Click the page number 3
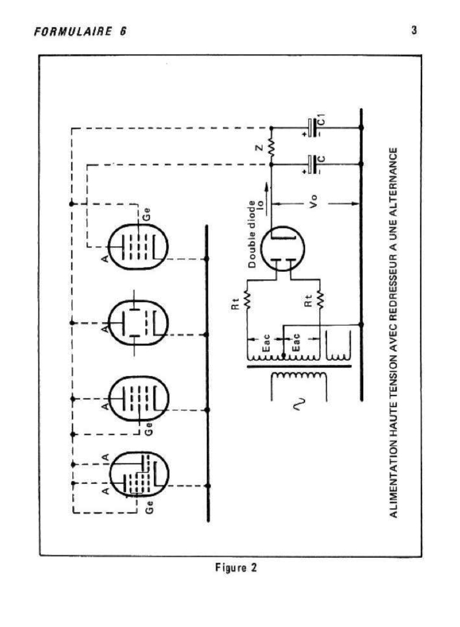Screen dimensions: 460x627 click(414, 31)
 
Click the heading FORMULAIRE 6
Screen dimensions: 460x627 click(80, 32)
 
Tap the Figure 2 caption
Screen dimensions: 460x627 click(236, 568)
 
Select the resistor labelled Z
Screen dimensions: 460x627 click(271, 146)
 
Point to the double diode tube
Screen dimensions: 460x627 click(282, 248)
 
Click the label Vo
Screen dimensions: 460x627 click(314, 201)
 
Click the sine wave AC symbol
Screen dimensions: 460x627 click(299, 405)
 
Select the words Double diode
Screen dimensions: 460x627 click(252, 235)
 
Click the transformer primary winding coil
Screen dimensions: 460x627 click(299, 375)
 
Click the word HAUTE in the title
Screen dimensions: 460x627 click(393, 415)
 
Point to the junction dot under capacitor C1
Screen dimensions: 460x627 click(361, 127)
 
